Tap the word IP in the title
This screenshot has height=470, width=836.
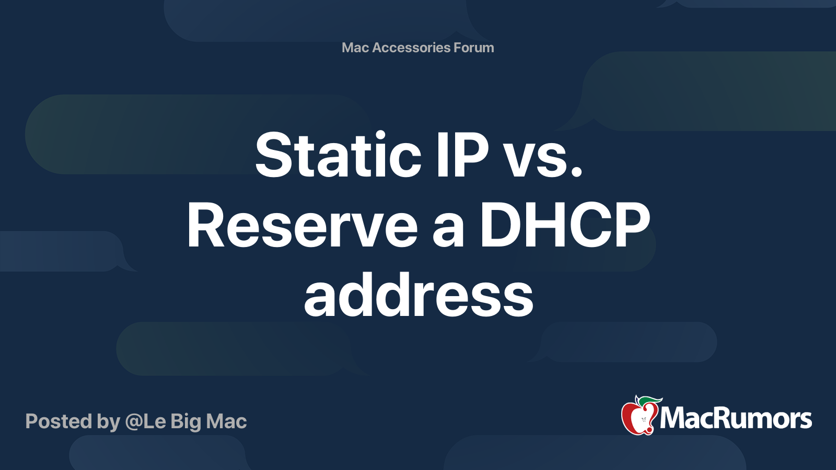[x=462, y=155]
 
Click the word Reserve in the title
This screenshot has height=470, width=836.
[x=302, y=226]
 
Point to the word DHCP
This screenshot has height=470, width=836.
[x=565, y=226]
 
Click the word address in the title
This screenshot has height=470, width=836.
[x=419, y=296]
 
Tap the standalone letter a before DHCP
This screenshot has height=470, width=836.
[x=448, y=230]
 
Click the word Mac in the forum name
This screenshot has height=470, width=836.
[x=355, y=48]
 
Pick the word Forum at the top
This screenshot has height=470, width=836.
[x=474, y=48]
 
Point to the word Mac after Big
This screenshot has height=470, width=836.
[x=226, y=421]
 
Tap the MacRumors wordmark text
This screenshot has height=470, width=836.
[x=736, y=419]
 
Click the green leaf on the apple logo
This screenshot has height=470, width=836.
[x=650, y=401]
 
